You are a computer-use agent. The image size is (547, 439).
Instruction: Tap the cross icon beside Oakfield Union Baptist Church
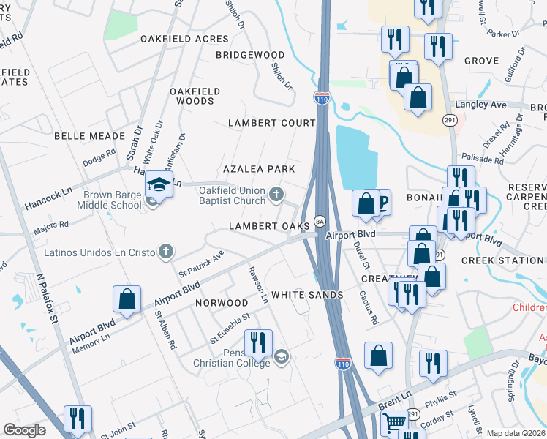(x=276, y=194)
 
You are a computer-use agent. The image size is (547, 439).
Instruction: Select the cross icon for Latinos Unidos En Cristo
(x=166, y=252)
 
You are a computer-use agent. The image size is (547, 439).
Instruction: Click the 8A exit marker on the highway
(x=320, y=221)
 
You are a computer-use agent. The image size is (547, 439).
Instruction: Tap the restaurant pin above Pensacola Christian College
(x=258, y=342)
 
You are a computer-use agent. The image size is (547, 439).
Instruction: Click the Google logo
(x=25, y=430)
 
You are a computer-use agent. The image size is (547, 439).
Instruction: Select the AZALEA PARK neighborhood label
(x=259, y=169)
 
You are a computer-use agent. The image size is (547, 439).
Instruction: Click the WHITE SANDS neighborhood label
(x=307, y=295)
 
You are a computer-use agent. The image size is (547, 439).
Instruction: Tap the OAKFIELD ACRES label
(x=175, y=39)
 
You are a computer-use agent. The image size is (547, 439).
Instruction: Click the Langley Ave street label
(x=481, y=105)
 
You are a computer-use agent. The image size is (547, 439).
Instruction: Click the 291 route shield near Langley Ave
(x=449, y=119)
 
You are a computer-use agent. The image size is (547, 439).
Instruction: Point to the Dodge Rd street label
(x=99, y=157)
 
